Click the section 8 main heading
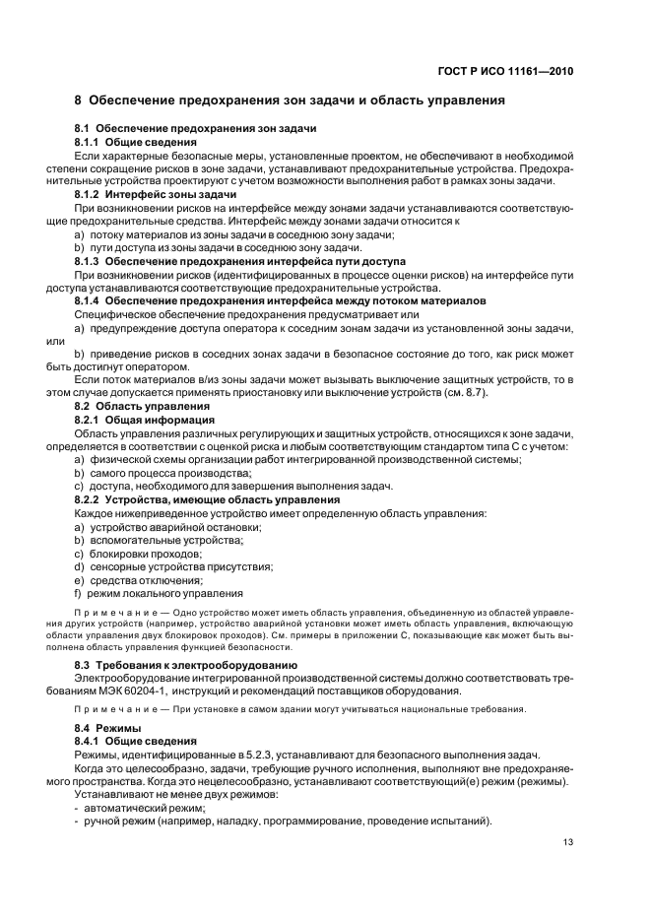coord(291,99)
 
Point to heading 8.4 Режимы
coord(108,726)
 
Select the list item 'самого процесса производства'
coord(177,473)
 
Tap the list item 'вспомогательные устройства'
coord(164,540)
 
